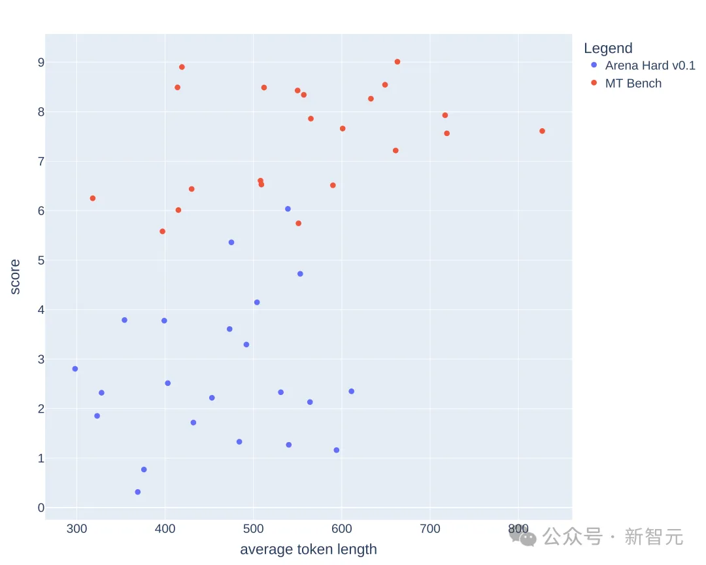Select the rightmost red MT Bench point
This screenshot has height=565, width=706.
tap(542, 131)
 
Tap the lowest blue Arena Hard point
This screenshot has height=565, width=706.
tap(137, 492)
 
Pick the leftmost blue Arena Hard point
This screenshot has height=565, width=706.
tap(75, 369)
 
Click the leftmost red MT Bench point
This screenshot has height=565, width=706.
tap(93, 198)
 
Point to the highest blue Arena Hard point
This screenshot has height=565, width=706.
tap(288, 209)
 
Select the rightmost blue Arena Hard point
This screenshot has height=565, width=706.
tap(351, 391)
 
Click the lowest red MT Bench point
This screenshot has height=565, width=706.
tap(162, 231)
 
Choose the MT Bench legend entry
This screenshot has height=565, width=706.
tap(633, 83)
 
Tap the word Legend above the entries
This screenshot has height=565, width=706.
tap(608, 48)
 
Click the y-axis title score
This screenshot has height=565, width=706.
tap(15, 277)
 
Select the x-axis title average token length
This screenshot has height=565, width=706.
tap(309, 549)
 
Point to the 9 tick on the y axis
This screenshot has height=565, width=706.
tap(41, 62)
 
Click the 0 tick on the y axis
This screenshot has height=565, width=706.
tap(41, 508)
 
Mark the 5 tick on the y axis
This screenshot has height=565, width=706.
tap(41, 260)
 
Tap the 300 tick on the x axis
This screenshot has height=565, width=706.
tap(76, 528)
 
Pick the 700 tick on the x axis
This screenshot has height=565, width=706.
tap(430, 528)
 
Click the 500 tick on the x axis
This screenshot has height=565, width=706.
tap(254, 528)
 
